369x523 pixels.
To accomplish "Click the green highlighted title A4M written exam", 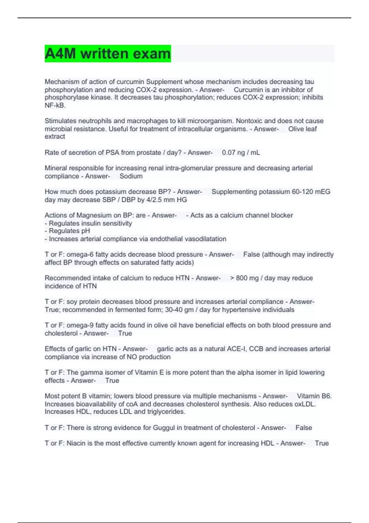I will tap(108, 54).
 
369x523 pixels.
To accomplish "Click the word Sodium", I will tap(131, 176).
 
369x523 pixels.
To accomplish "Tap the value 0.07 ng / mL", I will tap(241, 153).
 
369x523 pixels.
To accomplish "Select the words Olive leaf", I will tap(303, 129).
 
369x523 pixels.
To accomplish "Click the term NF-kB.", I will tap(55, 105).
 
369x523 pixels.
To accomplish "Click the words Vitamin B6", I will tap(314, 396).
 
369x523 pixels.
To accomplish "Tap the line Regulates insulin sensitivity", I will tap(90, 223).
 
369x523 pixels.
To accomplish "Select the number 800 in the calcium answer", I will tap(241, 278).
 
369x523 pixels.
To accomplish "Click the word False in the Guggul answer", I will tap(304, 428).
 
